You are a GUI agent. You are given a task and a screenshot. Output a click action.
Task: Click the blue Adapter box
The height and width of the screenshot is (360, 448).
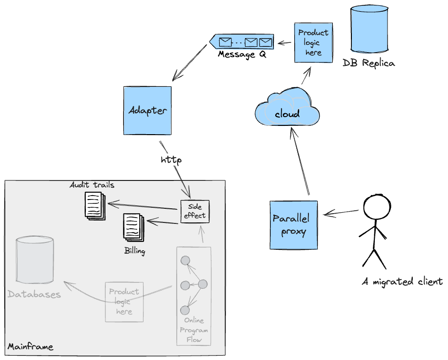point(147,110)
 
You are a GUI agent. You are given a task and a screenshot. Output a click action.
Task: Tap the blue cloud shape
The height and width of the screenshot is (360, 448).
point(287,112)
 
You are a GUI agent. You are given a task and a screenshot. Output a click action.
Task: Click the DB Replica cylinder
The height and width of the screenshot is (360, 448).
point(369,30)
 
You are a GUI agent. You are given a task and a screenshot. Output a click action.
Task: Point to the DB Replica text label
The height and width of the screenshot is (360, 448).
point(368,63)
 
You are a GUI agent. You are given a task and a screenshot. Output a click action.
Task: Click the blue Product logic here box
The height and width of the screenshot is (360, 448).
point(313,42)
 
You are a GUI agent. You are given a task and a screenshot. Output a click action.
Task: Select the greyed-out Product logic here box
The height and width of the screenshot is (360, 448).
point(124,301)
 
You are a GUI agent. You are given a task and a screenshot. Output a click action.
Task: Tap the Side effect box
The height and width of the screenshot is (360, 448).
point(195,211)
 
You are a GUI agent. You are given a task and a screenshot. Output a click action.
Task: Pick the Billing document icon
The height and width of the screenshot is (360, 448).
point(133,227)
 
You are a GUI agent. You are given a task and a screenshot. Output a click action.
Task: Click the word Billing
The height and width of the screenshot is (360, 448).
point(134,252)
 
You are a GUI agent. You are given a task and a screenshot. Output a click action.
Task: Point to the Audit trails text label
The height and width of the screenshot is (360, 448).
point(92,185)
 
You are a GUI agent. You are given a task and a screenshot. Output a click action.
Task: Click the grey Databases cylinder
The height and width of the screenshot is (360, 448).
point(35,260)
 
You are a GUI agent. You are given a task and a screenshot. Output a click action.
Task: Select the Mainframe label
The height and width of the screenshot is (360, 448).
point(30,347)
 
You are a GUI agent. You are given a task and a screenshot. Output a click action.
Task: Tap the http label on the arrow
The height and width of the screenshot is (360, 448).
point(171,160)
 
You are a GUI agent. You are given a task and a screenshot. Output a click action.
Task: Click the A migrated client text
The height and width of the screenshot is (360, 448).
point(403,281)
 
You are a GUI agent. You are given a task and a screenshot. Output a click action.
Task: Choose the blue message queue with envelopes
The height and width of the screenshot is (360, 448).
point(242,42)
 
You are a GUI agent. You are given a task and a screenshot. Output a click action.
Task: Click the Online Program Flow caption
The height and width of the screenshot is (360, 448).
point(194,330)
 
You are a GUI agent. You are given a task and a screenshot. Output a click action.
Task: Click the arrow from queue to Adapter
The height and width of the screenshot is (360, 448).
point(190,62)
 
